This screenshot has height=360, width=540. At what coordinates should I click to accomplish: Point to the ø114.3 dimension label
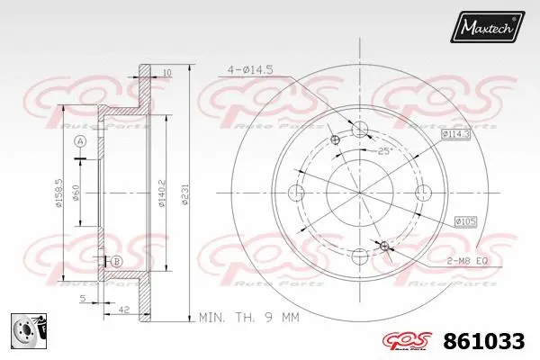[x=456, y=134]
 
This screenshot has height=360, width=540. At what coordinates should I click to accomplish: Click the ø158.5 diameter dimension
[x=58, y=192]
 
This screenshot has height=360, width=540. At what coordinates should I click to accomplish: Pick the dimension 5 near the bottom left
[x=82, y=298]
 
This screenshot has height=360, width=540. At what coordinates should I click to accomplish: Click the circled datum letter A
[x=80, y=143]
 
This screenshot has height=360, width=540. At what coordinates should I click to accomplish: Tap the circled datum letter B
[x=116, y=261]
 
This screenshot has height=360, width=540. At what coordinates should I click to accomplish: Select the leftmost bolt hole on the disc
[x=298, y=192]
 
